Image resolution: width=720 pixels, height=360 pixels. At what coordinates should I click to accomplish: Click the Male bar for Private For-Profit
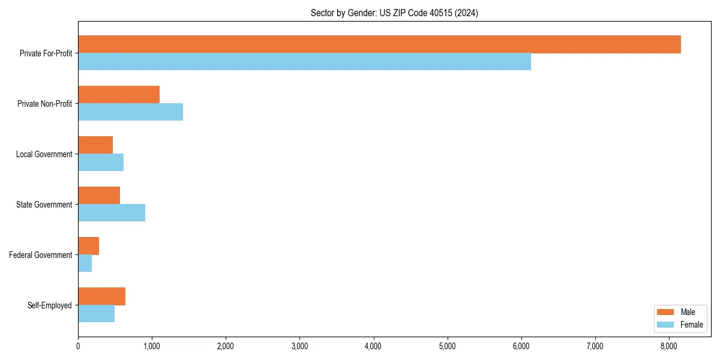[x=379, y=44]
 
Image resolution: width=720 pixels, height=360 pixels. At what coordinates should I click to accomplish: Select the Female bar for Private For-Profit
[x=304, y=62]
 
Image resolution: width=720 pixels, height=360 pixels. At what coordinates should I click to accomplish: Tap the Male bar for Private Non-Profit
[x=119, y=95]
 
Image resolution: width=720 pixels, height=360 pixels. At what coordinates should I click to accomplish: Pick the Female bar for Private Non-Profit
[x=130, y=112]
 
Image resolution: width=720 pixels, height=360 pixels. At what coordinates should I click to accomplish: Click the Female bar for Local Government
[x=101, y=163]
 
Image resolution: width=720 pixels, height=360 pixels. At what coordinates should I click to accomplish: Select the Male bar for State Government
[x=99, y=196]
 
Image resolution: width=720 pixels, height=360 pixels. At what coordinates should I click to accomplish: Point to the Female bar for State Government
[x=112, y=213]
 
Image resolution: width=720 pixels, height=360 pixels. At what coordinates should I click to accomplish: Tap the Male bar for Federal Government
[x=88, y=246]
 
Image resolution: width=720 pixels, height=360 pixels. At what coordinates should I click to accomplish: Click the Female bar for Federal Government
[x=85, y=263]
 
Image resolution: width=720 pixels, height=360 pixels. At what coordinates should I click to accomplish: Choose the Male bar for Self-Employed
[x=101, y=296]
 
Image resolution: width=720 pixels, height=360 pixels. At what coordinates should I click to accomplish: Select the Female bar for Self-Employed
[x=96, y=314]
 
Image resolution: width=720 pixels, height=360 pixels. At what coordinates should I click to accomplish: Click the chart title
[x=394, y=13]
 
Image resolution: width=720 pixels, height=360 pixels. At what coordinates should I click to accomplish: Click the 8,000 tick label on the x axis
[x=669, y=346]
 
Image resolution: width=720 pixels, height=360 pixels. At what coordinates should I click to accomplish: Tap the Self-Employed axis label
[x=49, y=305]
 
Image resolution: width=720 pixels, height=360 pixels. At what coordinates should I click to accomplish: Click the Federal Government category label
[x=40, y=255]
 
